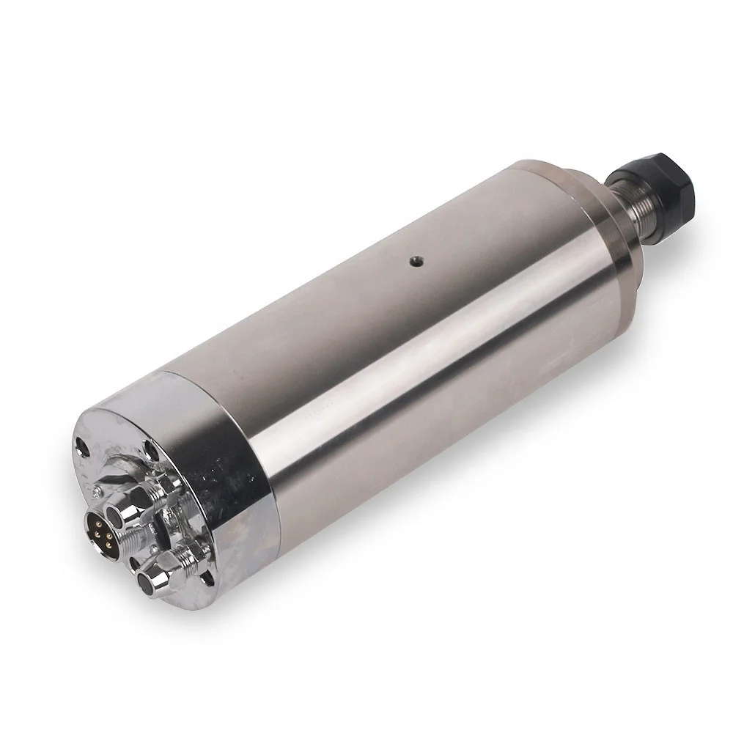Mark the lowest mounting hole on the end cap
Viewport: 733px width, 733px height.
(207, 578)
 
